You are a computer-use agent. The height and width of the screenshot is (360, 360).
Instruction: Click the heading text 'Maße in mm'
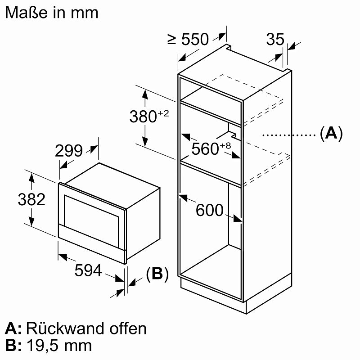coord(51,12)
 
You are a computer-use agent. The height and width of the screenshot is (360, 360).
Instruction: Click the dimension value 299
coord(69,151)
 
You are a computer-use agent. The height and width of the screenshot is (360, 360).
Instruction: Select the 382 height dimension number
coord(31,199)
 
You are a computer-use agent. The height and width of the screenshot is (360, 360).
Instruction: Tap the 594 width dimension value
coord(88,270)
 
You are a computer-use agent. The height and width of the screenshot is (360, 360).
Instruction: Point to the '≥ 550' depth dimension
coord(189,40)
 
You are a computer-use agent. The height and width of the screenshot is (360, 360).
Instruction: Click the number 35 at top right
coord(275,40)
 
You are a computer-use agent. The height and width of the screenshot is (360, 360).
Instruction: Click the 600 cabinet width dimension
coord(210,210)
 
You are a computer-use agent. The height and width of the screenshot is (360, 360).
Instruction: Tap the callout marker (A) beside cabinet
coord(331,134)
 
